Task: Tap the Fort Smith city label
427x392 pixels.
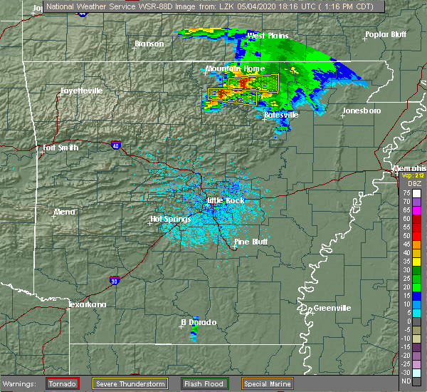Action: coord(58,148)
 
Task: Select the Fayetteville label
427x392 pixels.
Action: coord(81,91)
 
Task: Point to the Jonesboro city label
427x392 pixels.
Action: coord(362,110)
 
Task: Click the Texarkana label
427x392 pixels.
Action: coord(87,304)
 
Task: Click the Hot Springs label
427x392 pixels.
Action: coord(169,219)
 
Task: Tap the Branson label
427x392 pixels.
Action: coord(149,43)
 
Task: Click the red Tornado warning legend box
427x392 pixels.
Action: coord(63,383)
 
